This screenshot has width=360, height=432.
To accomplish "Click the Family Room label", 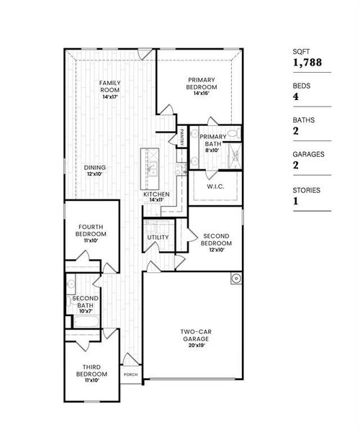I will coord(109,87).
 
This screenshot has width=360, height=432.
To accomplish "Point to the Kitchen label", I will coord(156,194).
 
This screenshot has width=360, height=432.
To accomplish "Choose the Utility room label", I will coord(158,238).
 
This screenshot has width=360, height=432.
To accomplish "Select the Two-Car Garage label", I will coord(194,335).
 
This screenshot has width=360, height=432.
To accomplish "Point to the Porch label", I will coord(130,374).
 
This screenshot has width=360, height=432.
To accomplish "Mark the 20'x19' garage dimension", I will coord(194,345).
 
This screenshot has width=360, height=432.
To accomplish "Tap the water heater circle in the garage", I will coord(235,279).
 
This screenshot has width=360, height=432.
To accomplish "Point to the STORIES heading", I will coord(307,190).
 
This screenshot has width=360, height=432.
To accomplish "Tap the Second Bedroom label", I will coord(216,239).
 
